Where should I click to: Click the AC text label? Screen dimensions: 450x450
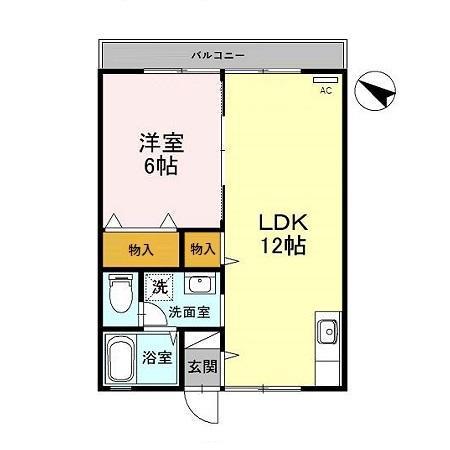[x=325, y=91]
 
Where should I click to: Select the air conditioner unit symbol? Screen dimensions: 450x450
[x=325, y=79]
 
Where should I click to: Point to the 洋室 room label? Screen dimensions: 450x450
[x=159, y=142]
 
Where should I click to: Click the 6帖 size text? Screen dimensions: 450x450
[x=159, y=166]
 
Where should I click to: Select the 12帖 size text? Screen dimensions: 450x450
[x=283, y=244]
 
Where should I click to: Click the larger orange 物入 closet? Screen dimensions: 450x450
[x=140, y=249]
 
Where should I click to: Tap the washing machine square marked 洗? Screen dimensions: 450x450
[x=159, y=288]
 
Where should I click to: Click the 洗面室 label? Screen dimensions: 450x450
[x=188, y=311]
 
